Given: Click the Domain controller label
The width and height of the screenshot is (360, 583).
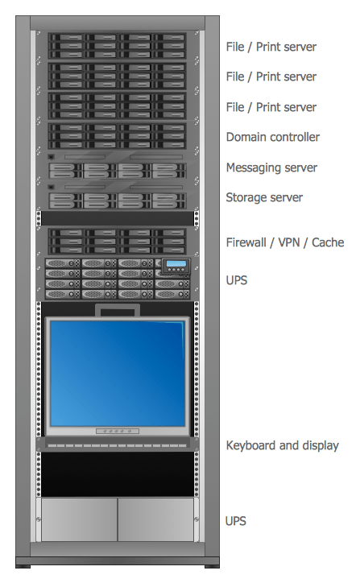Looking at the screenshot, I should click(272, 138).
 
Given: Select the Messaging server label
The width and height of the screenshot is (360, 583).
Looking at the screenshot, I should click(271, 167).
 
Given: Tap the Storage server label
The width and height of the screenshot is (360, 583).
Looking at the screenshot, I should click(264, 198).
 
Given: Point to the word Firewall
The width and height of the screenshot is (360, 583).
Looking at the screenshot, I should click(246, 242).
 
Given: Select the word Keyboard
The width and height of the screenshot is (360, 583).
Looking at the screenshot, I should click(250, 445).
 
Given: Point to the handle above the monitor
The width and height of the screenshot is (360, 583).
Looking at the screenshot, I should click(118, 310).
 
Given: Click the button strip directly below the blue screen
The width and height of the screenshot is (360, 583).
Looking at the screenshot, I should click(118, 431).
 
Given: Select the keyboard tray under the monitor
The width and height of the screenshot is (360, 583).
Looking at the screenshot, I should click(118, 444).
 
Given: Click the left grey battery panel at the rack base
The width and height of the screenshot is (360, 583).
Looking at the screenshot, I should click(79, 519).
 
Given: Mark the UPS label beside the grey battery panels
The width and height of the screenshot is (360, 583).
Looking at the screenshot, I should click(236, 521).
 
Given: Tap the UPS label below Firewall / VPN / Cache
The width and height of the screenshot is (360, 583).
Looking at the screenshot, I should click(236, 281).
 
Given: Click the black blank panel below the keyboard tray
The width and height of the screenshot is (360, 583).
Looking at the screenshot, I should click(118, 474).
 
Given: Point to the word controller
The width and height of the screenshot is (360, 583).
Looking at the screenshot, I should click(296, 138).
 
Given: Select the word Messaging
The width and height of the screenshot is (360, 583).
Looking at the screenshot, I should click(253, 167).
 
